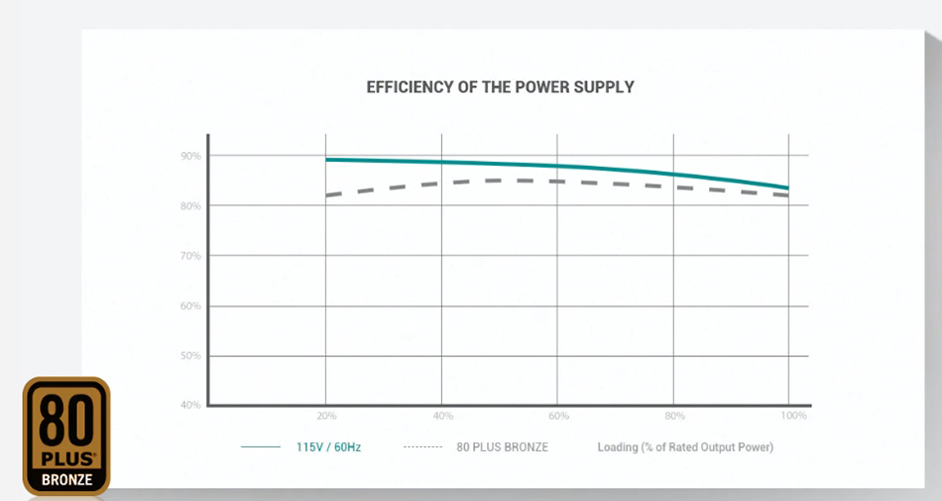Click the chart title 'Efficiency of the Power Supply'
click(500, 87)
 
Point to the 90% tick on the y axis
click(191, 157)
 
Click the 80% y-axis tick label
click(191, 206)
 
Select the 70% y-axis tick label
click(191, 256)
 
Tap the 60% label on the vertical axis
click(191, 306)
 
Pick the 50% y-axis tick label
click(191, 356)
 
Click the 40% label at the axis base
click(191, 405)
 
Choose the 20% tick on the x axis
click(326, 415)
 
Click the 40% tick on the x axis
click(442, 415)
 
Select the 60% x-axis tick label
click(558, 415)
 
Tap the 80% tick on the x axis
click(674, 415)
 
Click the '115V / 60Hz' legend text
click(328, 447)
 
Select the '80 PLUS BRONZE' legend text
click(502, 447)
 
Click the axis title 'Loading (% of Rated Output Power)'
click(685, 447)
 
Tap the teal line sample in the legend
click(261, 447)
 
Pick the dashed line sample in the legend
click(423, 447)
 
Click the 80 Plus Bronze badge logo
click(66, 436)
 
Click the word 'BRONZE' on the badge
click(66, 480)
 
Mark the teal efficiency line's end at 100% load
click(788, 188)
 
